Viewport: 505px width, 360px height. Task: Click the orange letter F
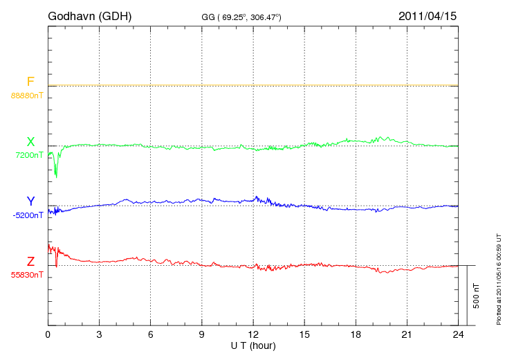[x=30, y=82]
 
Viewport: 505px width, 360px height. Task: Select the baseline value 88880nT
[x=27, y=95]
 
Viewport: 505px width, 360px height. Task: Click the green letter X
[x=30, y=142]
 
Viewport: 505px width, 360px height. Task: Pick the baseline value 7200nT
[x=30, y=155]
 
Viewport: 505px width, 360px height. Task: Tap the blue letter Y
[x=30, y=201]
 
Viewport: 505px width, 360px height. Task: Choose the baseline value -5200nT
[x=28, y=215]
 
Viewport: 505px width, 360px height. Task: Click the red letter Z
[x=30, y=262]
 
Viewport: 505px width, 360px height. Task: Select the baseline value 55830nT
[x=27, y=275]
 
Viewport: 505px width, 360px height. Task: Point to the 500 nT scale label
[x=477, y=296]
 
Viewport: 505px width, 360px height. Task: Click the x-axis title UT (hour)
[x=253, y=345]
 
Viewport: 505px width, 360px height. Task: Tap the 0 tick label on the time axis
[x=48, y=334]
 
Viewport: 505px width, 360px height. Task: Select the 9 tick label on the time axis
[x=202, y=334]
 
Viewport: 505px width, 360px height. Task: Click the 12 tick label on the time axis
[x=253, y=334]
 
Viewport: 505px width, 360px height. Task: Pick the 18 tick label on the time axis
[x=356, y=334]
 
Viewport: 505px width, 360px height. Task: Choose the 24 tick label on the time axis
[x=458, y=334]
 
